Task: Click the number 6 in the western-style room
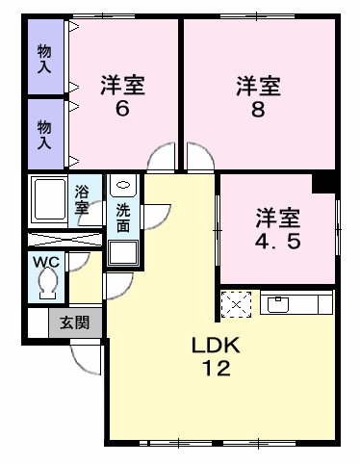pyautogui.click(x=122, y=109)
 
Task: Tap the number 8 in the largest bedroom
pyautogui.click(x=258, y=109)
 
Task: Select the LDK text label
pyautogui.click(x=216, y=345)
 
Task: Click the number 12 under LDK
pyautogui.click(x=217, y=368)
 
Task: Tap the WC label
pyautogui.click(x=46, y=262)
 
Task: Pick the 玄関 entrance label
pyautogui.click(x=75, y=322)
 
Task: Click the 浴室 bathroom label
pyautogui.click(x=82, y=200)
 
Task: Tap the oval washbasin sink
pyautogui.click(x=123, y=185)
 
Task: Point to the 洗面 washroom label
pyautogui.click(x=123, y=218)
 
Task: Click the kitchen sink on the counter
pyautogui.click(x=278, y=304)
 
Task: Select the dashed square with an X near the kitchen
pyautogui.click(x=236, y=304)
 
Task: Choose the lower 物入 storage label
pyautogui.click(x=44, y=135)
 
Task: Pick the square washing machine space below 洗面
pyautogui.click(x=123, y=252)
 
